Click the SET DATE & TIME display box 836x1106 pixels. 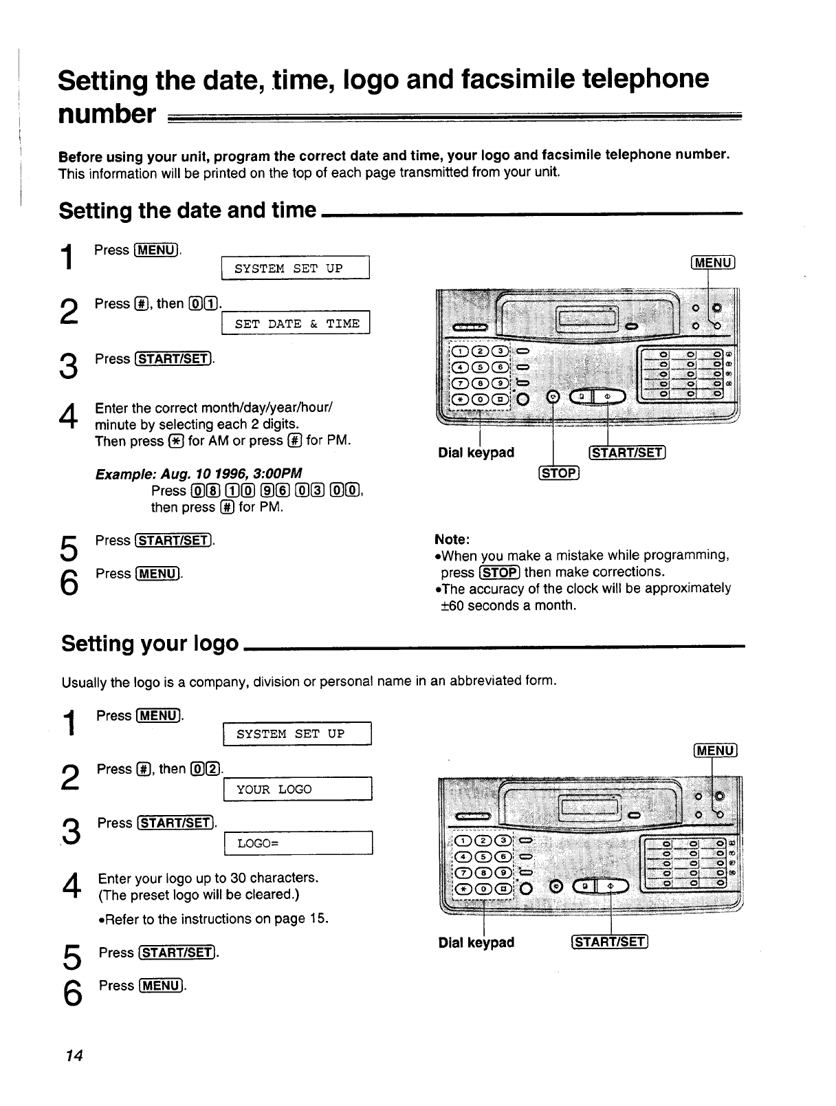[x=296, y=323]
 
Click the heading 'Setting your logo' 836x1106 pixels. [x=150, y=644]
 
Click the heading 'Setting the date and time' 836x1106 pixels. [x=188, y=210]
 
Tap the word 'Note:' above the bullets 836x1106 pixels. [x=452, y=539]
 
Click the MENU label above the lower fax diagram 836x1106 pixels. [x=716, y=751]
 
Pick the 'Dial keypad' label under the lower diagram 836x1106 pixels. [x=476, y=942]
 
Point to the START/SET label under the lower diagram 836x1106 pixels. [x=608, y=942]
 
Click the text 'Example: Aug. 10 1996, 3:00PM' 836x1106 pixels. [x=199, y=474]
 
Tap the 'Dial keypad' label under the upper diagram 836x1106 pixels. [x=476, y=453]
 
